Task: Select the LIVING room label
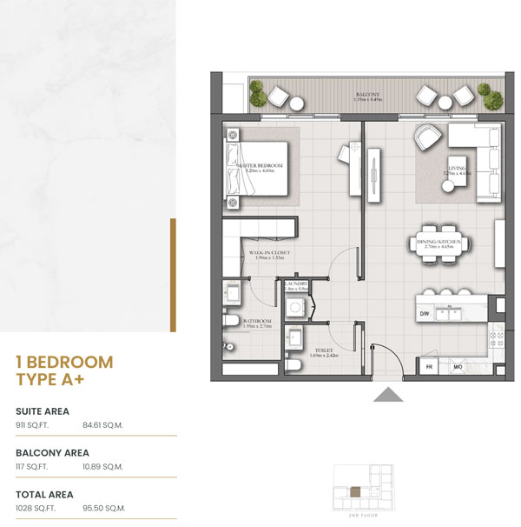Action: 457,168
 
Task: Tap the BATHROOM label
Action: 258,321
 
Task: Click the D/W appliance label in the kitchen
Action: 425,313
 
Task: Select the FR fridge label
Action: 428,367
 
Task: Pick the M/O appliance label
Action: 457,367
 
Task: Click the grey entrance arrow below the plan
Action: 387,395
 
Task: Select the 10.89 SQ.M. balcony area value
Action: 102,467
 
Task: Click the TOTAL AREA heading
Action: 44,493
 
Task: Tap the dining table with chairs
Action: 439,244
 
